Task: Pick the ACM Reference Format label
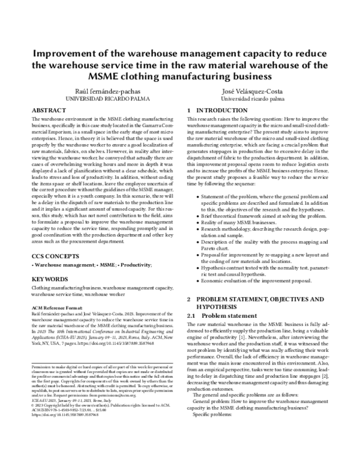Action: point(57,308)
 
